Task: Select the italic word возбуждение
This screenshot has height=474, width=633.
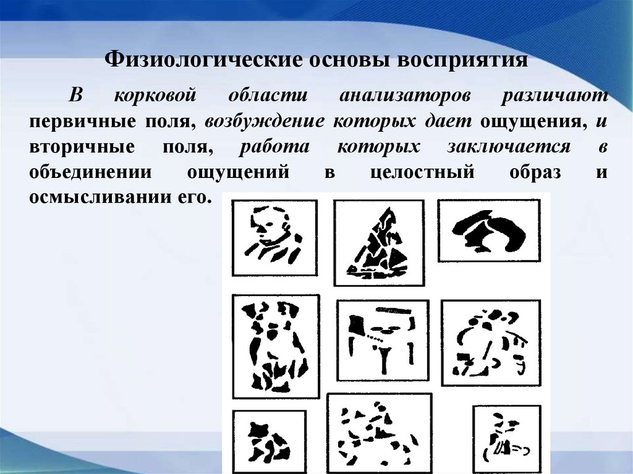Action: [x=265, y=122]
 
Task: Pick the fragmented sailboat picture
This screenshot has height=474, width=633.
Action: [x=378, y=242]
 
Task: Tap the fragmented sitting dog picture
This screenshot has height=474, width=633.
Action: [x=275, y=346]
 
